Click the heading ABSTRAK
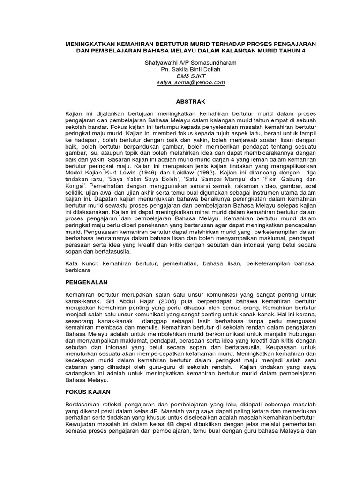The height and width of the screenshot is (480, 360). (190, 101)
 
